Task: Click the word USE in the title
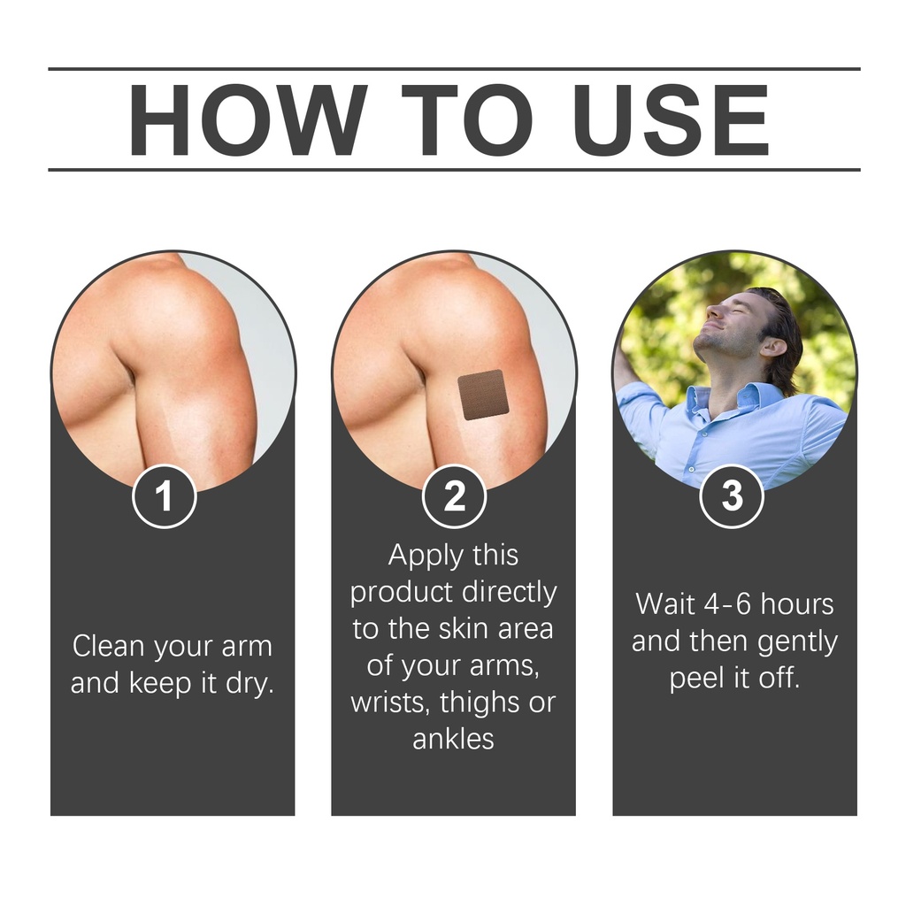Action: [672, 120]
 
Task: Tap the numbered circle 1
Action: [165, 496]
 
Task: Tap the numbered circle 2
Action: [454, 496]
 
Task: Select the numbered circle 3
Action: [732, 496]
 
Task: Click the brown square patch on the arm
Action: [484, 395]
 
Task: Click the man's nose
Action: [715, 311]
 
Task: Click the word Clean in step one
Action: [108, 645]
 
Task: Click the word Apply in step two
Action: [426, 557]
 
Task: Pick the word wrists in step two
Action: [389, 703]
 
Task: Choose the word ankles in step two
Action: [454, 739]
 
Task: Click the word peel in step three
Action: [696, 679]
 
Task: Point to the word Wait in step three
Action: [664, 603]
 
